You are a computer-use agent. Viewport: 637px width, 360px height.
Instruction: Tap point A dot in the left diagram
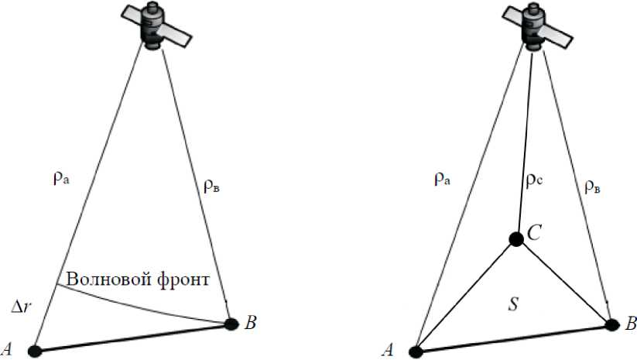[33, 351]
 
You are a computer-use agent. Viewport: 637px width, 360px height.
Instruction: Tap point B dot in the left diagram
[230, 324]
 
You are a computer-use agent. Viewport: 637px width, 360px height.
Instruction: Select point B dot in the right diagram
[612, 324]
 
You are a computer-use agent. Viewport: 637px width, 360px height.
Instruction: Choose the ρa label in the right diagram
[443, 180]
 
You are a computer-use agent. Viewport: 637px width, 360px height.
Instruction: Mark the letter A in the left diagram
[11, 350]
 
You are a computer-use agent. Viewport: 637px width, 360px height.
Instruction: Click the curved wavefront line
[139, 304]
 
